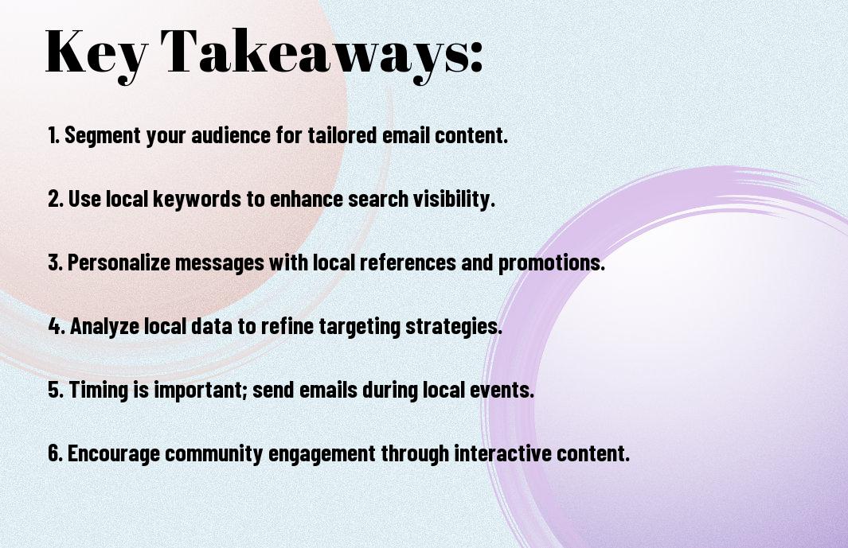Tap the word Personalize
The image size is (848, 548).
coord(118,262)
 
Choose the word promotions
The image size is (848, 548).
coord(551,263)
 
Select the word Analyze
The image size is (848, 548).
coord(104,326)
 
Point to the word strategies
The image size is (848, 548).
coord(454,326)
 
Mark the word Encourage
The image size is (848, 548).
coord(114,453)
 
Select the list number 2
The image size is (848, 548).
coord(56,199)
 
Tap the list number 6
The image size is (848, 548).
coord(56,453)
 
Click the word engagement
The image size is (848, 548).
coord(322,453)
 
